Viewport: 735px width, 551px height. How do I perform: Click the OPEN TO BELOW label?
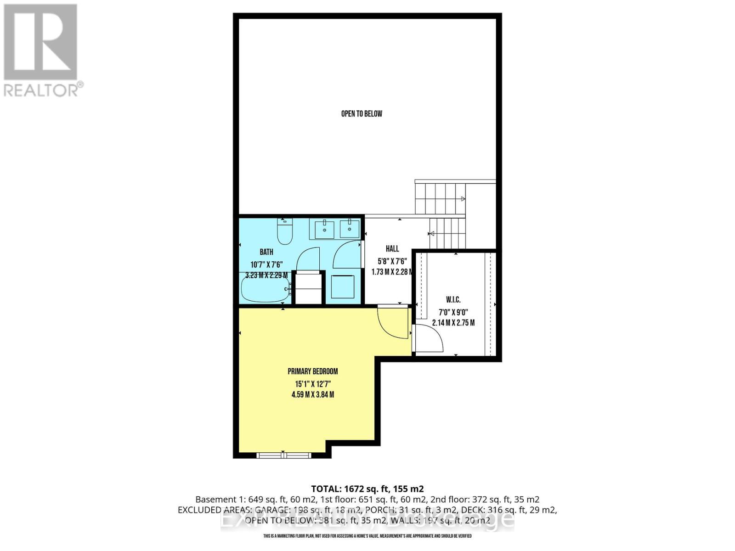point(362,113)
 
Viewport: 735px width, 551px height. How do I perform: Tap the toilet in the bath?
point(285,231)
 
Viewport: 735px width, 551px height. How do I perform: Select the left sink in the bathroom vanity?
point(324,229)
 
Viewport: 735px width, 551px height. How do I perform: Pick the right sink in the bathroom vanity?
point(350,229)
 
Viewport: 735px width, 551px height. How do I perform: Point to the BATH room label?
point(266,252)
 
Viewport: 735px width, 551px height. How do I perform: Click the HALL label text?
point(392,248)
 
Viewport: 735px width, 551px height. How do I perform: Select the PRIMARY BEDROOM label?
point(312,371)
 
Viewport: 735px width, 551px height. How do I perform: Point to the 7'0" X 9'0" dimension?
point(453,312)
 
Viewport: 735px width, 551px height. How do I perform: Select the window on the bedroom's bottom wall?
point(283,455)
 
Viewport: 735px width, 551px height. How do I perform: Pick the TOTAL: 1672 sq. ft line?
point(367,489)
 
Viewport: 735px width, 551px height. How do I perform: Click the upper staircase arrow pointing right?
point(463,199)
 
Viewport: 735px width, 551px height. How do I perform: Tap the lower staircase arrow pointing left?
point(432,234)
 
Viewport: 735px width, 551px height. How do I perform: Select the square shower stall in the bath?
point(343,286)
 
